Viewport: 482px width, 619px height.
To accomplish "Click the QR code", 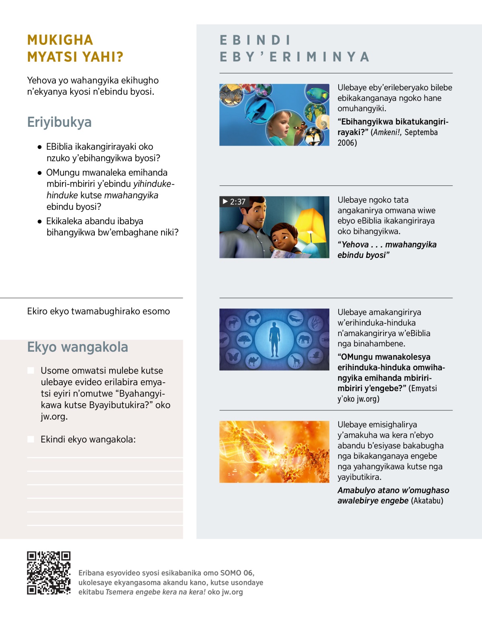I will click(x=49, y=573).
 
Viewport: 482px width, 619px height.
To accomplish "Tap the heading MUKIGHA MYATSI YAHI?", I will click(x=75, y=49).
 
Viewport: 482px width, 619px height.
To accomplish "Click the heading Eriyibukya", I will click(x=59, y=122).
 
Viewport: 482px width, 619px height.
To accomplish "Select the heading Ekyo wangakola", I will click(x=78, y=347).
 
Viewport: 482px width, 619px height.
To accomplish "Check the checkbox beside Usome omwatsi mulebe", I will click(x=31, y=370).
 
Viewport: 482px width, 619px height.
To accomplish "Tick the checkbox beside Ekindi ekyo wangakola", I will click(x=31, y=439).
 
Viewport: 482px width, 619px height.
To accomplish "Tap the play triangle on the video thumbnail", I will click(x=225, y=201).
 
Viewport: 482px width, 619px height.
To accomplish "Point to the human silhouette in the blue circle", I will click(x=274, y=339).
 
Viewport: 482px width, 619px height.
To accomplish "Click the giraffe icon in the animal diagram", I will click(x=296, y=361).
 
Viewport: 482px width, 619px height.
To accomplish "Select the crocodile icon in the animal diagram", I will click(x=296, y=319).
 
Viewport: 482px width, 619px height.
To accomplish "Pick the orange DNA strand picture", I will click(x=274, y=452).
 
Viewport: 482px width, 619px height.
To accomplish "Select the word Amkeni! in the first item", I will click(x=387, y=132).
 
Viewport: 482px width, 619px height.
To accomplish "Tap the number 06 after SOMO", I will click(x=248, y=573).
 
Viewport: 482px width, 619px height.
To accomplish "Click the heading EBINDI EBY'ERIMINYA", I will click(x=294, y=49).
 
